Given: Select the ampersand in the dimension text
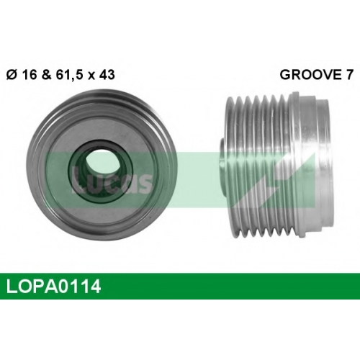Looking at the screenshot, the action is pyautogui.click(x=47, y=75).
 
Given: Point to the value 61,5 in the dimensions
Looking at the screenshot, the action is pyautogui.click(x=70, y=75).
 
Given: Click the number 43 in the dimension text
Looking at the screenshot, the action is pyautogui.click(x=107, y=75).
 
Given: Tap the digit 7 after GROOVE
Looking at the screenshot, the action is pyautogui.click(x=349, y=75).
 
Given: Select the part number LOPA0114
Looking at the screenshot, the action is pyautogui.click(x=53, y=287).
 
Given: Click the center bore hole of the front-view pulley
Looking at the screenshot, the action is pyautogui.click(x=98, y=161).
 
